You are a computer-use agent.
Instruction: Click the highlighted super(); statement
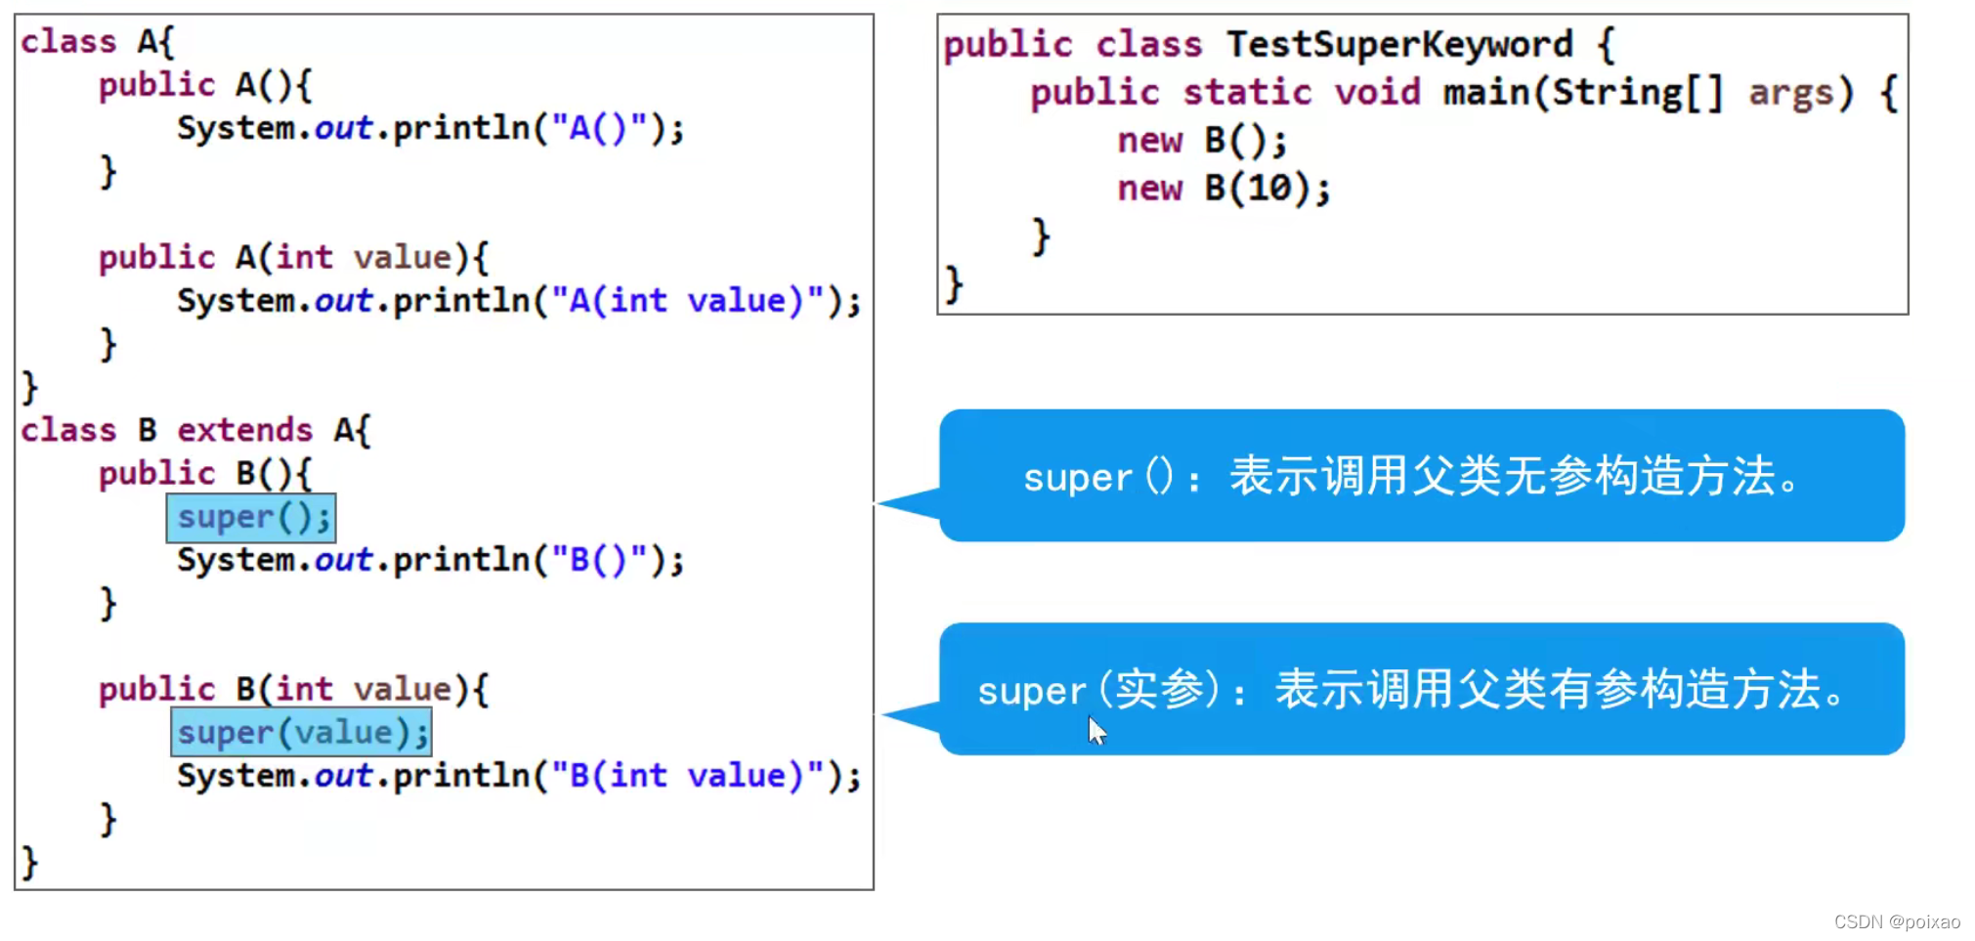[x=251, y=518]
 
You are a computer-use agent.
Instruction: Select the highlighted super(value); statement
[x=301, y=733]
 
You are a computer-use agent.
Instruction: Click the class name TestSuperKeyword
[x=1399, y=44]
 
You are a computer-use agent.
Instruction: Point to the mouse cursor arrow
[x=1096, y=729]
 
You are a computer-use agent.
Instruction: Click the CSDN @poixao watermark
[x=1896, y=921]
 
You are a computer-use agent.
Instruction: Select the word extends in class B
[x=244, y=430]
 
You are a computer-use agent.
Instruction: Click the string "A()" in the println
[x=599, y=128]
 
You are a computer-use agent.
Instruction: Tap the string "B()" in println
[x=599, y=560]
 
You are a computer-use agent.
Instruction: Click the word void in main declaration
[x=1377, y=93]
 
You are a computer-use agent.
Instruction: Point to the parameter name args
[x=1790, y=93]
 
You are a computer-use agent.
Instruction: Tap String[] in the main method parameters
[x=1637, y=93]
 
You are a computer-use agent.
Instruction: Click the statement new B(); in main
[x=1201, y=141]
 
